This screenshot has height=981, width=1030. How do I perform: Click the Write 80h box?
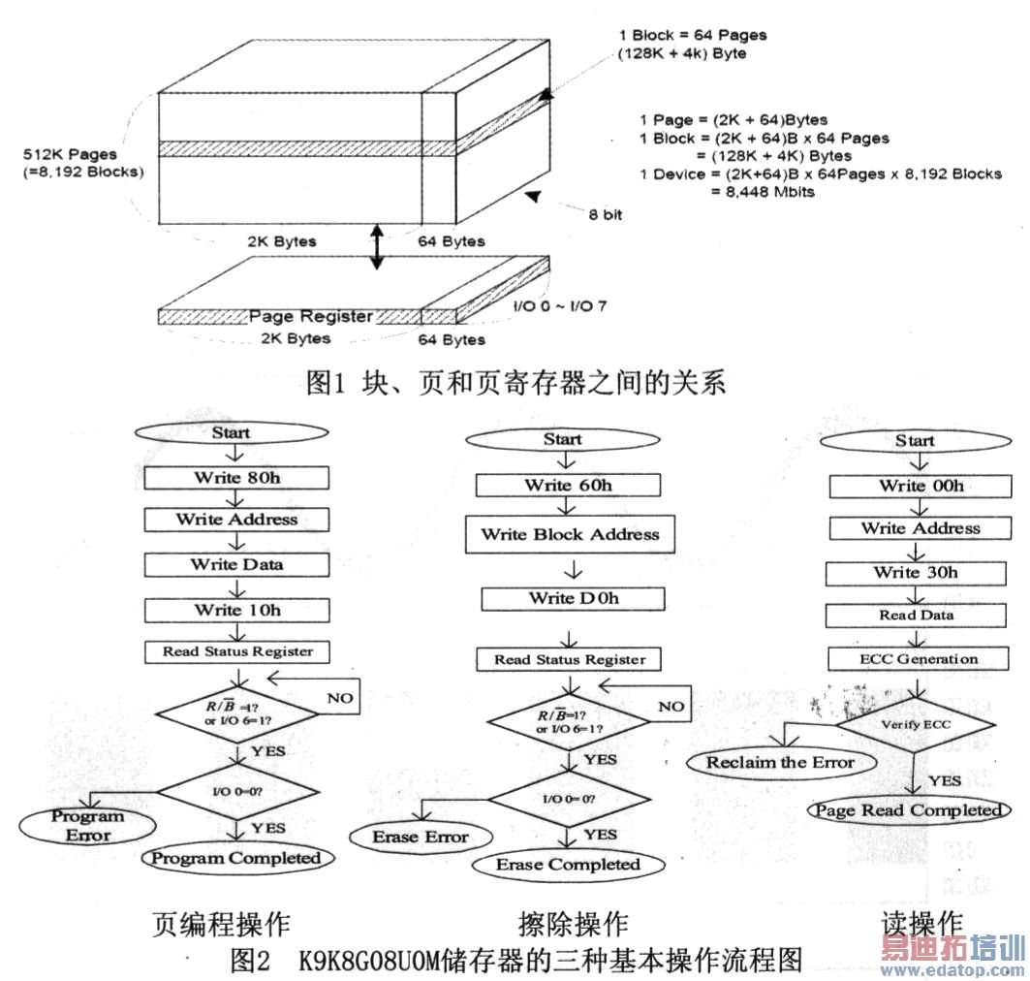coord(236,478)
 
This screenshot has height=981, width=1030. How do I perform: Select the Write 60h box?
coord(568,486)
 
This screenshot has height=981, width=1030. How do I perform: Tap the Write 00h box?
coord(921,487)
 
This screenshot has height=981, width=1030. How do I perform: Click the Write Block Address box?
coord(570,534)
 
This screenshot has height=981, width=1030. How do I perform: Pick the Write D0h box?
coord(574,599)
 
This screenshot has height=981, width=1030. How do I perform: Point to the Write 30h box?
coord(916,573)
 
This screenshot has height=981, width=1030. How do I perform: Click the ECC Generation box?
coord(919,659)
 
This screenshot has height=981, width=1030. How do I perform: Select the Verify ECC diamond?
coord(916,725)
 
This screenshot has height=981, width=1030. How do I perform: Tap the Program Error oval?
coord(87,826)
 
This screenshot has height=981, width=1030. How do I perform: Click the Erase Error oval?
coord(421,838)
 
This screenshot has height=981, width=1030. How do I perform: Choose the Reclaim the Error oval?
coord(781,763)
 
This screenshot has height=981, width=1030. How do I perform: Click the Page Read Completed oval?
coord(909,810)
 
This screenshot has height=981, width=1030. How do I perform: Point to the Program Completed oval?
coord(237,858)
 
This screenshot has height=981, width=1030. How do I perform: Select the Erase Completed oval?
coord(568,865)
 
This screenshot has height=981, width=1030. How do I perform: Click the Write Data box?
coord(236,565)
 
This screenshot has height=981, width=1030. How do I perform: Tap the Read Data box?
coord(916,616)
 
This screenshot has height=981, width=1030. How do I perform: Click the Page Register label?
coord(311,317)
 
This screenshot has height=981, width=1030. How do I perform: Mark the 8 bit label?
coord(605,215)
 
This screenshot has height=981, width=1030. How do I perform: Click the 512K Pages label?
coord(71,155)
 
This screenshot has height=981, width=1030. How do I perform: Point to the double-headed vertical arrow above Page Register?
coord(376,246)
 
